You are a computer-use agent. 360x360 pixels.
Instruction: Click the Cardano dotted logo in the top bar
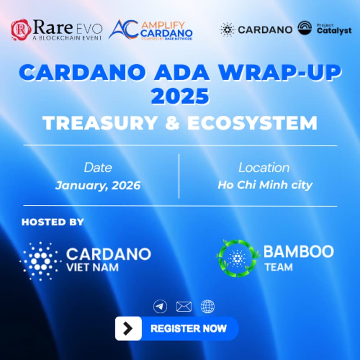coord(227,29)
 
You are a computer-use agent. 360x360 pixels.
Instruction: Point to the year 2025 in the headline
coord(180,96)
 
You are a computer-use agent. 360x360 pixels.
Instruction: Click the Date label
coord(98,167)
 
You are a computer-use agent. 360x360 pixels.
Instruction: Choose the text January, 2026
coord(98,185)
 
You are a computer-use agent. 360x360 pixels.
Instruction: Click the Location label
coord(264,167)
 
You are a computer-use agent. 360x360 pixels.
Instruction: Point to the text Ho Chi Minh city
coord(265,185)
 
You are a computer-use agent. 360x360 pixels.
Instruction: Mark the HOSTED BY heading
coord(53,222)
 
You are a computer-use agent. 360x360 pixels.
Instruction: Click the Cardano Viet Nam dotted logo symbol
coord(40,260)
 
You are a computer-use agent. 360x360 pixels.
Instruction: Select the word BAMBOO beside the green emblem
coord(298,252)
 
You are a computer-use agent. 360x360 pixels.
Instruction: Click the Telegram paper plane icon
coord(160,307)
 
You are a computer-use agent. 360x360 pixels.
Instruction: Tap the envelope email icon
coord(184,307)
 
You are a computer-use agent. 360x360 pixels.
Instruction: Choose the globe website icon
coord(207,307)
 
